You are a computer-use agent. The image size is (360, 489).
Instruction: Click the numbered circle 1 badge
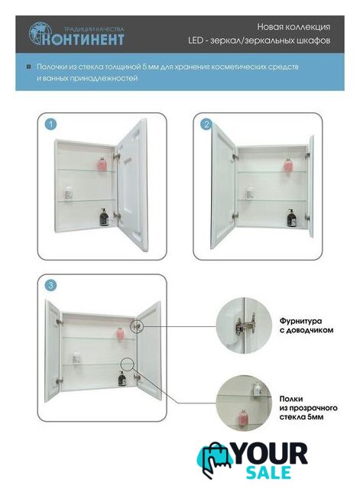click(50, 125)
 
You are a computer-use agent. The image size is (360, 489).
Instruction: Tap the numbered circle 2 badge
click(206, 125)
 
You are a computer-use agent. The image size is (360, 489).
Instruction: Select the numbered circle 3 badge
click(50, 285)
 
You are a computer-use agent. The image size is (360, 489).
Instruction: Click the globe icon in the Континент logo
click(38, 32)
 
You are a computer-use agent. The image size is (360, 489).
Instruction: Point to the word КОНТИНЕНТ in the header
click(83, 40)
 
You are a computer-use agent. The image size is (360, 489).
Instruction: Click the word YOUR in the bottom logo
click(270, 454)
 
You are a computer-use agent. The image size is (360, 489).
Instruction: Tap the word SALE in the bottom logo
click(268, 472)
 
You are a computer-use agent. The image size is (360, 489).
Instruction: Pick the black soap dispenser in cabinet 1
click(104, 217)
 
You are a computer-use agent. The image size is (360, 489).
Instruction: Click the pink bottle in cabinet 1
click(102, 163)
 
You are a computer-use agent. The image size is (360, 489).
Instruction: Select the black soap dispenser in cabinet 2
click(291, 218)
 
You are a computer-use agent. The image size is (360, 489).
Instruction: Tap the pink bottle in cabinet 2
click(288, 165)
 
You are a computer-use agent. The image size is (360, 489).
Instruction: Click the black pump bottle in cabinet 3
click(122, 378)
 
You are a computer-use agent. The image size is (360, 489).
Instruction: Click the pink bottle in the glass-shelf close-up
click(243, 416)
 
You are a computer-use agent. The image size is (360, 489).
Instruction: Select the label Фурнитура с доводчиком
click(306, 325)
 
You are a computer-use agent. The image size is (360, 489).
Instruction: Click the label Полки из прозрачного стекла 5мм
click(308, 407)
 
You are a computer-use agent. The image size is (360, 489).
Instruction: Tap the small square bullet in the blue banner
click(29, 67)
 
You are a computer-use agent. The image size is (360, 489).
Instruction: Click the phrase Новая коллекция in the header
click(294, 27)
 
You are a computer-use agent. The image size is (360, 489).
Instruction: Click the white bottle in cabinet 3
click(76, 358)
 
